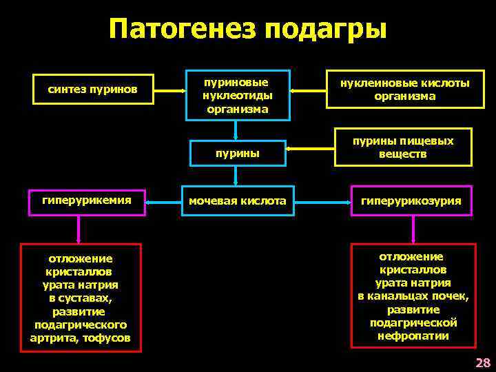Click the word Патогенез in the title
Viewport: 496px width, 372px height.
[x=183, y=30]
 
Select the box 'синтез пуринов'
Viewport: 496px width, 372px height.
[x=92, y=90]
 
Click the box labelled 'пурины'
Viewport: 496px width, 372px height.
[x=236, y=153]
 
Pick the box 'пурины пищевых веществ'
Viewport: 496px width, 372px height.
[x=403, y=147]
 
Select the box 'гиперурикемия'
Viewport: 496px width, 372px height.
[x=86, y=200]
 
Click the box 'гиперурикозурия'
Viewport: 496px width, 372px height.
[x=411, y=201]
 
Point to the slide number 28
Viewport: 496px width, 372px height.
[x=482, y=363]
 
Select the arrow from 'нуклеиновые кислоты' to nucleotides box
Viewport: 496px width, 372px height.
[x=307, y=90]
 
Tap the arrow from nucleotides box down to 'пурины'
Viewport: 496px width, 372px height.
[x=236, y=128]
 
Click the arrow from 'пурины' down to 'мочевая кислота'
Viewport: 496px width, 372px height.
[x=236, y=176]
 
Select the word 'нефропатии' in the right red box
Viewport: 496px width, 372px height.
[x=413, y=336]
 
